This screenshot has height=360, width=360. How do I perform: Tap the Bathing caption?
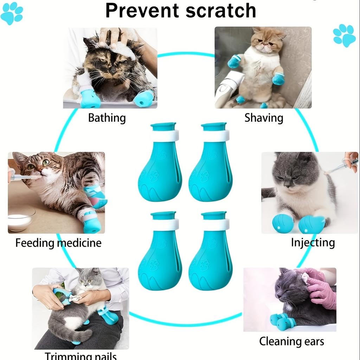coord(107,117)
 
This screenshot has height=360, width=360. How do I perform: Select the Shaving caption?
coord(264,117)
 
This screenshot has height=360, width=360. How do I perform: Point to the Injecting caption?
coord(313,243)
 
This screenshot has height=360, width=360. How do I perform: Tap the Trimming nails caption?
coord(81,355)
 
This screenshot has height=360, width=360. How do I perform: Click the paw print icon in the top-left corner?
coord(12,13)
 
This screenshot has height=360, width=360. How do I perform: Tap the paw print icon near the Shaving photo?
coord(344,35)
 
